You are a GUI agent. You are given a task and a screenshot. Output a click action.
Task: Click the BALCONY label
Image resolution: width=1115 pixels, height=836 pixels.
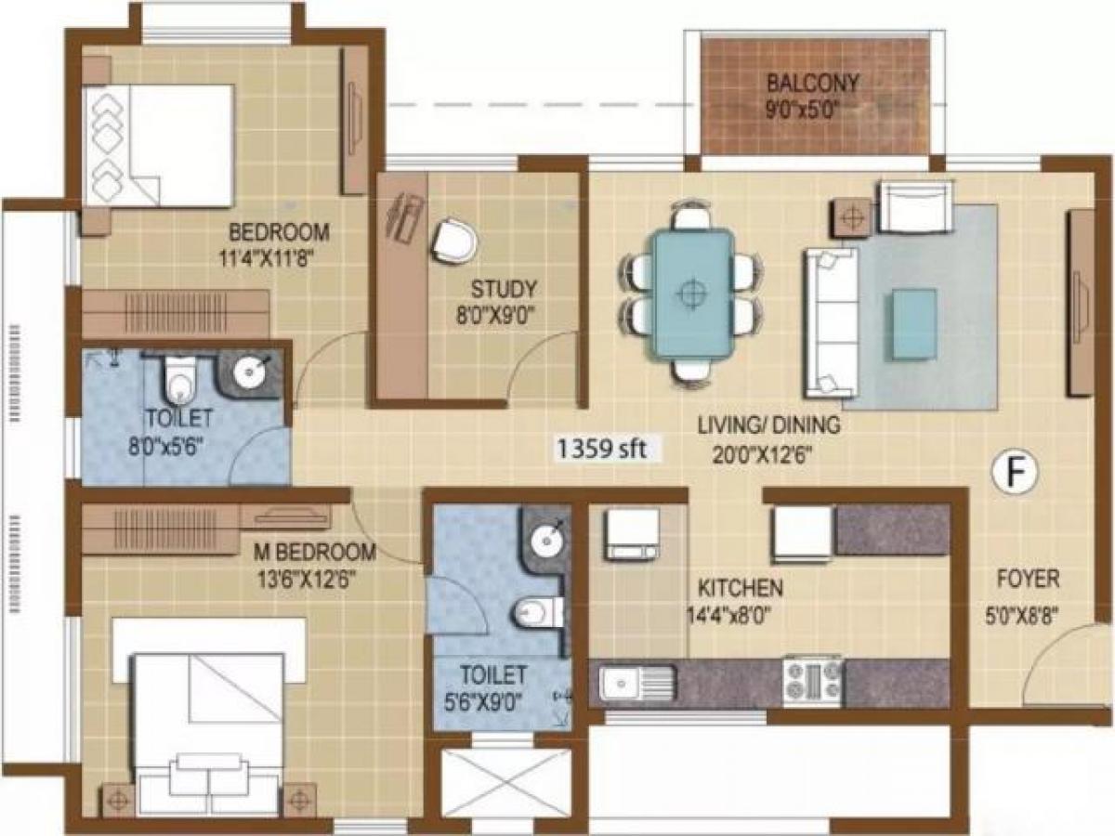pos(813,82)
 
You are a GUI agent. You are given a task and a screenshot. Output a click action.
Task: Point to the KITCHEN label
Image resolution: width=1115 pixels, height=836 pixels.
pos(740,588)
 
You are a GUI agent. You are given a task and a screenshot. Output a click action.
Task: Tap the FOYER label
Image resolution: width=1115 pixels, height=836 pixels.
pos(1028,580)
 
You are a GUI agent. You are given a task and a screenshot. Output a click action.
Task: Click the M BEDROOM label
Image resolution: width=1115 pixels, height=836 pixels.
pos(315,553)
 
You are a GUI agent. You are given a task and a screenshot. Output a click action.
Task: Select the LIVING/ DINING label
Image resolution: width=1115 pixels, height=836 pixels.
pos(769,425)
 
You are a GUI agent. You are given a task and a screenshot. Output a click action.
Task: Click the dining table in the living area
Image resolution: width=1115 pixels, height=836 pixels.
pos(690,293)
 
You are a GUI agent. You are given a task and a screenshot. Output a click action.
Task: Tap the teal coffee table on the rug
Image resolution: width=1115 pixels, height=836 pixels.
pos(913,322)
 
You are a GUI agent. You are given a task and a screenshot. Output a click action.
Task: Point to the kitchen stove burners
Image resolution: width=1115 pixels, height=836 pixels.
pos(812,680)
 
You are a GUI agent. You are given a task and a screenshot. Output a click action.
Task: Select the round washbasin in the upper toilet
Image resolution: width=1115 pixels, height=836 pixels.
pos(250,373)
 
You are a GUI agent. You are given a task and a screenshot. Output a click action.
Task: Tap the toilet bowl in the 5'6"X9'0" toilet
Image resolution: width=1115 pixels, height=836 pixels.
pos(535,612)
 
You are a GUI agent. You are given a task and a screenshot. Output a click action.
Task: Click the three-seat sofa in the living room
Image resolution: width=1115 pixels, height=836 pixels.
pos(829,321)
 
